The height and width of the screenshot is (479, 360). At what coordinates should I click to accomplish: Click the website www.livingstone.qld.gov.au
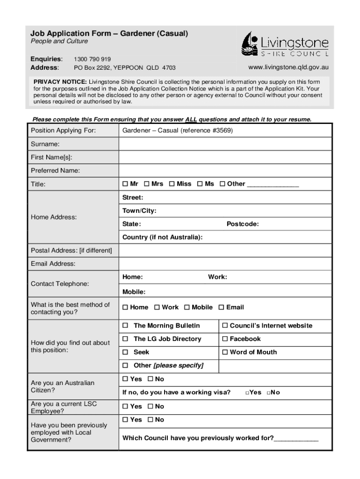(x=288, y=67)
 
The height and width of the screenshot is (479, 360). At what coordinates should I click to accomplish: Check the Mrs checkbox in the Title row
(x=147, y=184)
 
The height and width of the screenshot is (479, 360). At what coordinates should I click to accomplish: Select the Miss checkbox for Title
(x=172, y=184)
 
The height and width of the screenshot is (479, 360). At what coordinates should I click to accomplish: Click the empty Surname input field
(x=225, y=144)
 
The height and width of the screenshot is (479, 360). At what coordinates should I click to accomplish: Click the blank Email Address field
(x=225, y=264)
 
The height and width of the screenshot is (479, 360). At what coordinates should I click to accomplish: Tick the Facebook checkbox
(x=225, y=339)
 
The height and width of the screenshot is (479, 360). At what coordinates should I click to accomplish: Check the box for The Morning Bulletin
(x=125, y=326)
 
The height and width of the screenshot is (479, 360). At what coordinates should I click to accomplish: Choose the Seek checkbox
(x=125, y=352)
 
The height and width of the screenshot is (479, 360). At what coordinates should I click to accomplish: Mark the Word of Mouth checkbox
(x=225, y=352)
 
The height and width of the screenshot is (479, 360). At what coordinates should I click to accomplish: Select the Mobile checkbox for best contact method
(x=187, y=307)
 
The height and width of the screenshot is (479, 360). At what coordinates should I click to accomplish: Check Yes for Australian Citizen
(x=125, y=379)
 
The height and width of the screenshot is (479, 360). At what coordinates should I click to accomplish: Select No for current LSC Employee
(x=150, y=406)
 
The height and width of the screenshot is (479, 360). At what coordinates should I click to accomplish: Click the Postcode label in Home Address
(x=243, y=224)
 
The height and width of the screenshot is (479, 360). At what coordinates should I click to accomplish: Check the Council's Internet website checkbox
(x=225, y=326)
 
